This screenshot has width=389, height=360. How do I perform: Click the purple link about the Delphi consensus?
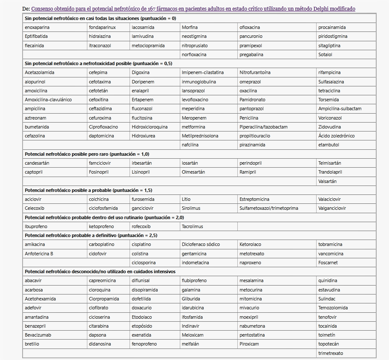193,9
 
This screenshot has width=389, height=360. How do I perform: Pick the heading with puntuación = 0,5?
98,63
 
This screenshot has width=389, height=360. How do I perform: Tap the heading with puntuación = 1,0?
87,154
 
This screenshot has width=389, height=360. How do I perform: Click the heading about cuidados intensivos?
100,271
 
